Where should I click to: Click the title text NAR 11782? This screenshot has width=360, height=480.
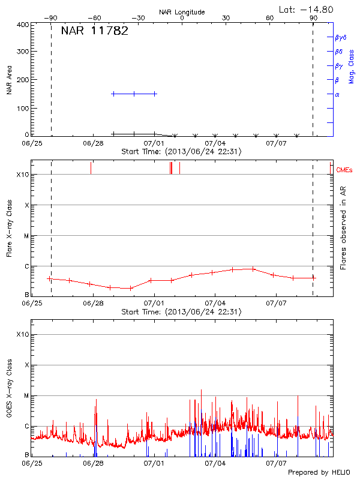point(95,31)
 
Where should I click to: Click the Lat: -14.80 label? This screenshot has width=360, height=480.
point(307,9)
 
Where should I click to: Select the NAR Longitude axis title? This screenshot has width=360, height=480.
point(182,12)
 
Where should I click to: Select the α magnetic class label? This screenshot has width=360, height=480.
point(337,94)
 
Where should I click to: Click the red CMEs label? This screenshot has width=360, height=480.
point(346,170)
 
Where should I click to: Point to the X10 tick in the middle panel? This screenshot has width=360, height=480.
point(23,175)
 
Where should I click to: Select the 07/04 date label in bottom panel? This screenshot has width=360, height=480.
point(215,463)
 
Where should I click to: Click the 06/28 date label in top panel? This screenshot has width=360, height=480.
point(94,144)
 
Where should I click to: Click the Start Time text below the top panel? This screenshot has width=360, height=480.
point(181,152)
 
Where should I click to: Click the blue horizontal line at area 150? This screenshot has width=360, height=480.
point(134,94)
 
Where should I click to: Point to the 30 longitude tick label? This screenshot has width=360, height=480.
point(226,18)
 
